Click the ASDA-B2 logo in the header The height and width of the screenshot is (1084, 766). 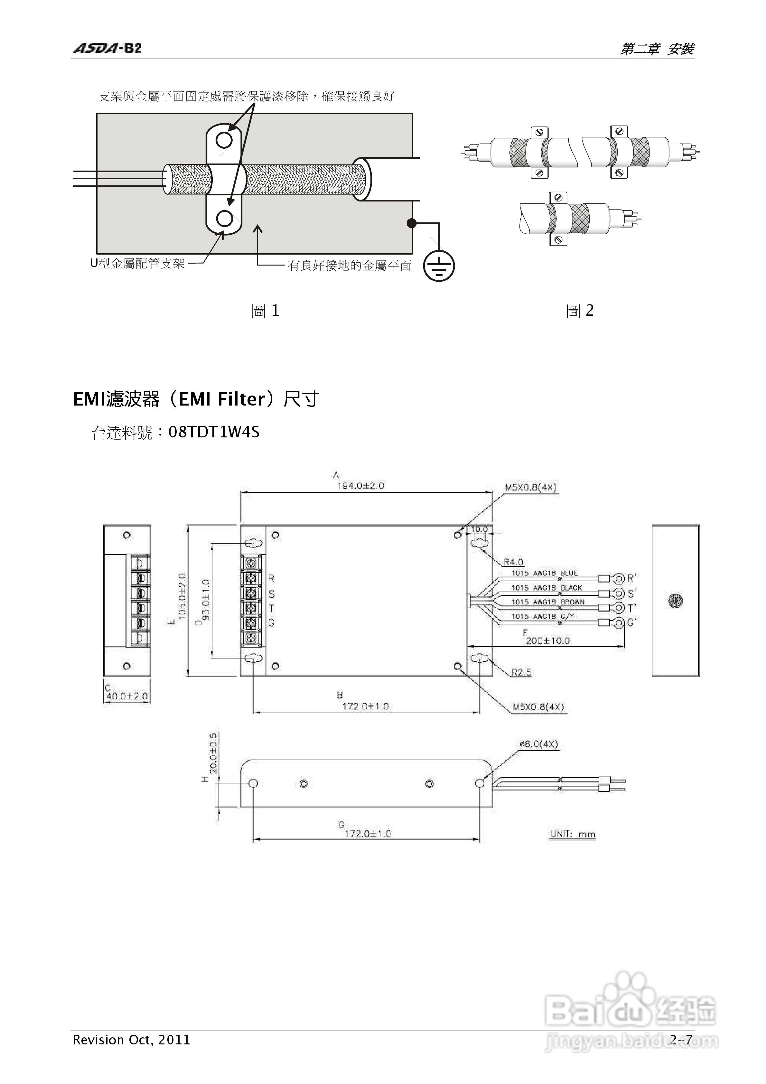coord(107,48)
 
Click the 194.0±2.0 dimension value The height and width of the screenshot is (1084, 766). coord(360,485)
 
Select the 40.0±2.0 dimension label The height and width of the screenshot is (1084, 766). coord(126,696)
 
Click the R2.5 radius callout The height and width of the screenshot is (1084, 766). coord(521,672)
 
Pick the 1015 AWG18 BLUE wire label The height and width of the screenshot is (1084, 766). coord(545,573)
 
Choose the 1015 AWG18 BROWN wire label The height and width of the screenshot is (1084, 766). coord(548,602)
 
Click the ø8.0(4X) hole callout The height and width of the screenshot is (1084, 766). coord(538,744)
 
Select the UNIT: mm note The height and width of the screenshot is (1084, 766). coord(572,834)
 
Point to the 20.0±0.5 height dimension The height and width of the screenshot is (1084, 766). coord(213,753)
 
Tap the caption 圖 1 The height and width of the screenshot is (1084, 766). coord(266,311)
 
